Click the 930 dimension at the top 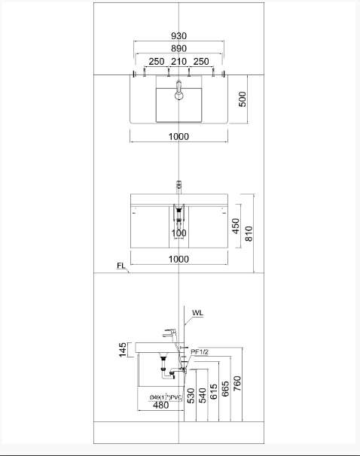pos(178,36)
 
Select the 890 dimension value pos(178,48)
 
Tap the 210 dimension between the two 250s pos(178,61)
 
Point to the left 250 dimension pos(157,61)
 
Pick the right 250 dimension pos(201,61)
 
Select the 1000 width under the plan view pos(178,136)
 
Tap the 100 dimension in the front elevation pos(178,233)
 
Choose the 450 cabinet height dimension pos(235,226)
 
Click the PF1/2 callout pos(199,351)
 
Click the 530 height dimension pos(191,396)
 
